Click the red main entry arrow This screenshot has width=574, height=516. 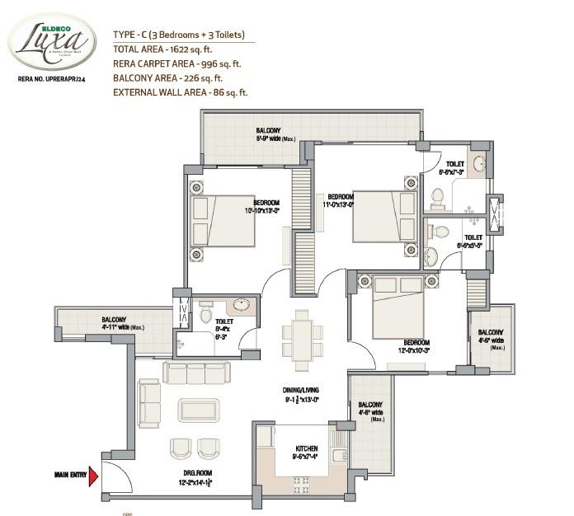point(93,476)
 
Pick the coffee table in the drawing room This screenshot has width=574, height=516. point(197,409)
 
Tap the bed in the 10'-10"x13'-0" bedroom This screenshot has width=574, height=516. point(222,220)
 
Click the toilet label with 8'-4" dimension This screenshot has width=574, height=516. point(225,328)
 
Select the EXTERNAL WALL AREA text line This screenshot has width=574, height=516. point(180,93)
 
